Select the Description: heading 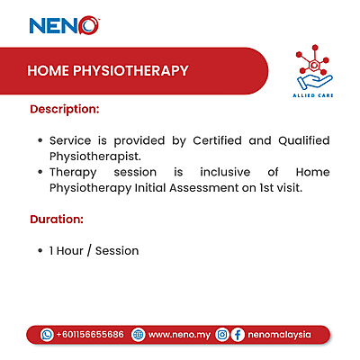pos(64,110)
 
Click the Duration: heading pos(58,219)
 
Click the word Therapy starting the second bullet pos(74,171)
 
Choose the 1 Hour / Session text pos(94,250)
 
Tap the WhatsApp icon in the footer pos(47,334)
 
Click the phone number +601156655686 pos(89,334)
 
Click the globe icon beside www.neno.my pos(138,334)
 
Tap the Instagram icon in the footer pos(222,334)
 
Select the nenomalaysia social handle pos(279,334)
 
